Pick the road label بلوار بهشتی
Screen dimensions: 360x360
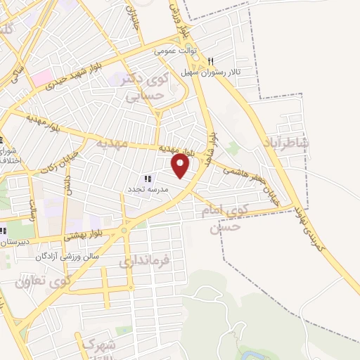click(x=84, y=233)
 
